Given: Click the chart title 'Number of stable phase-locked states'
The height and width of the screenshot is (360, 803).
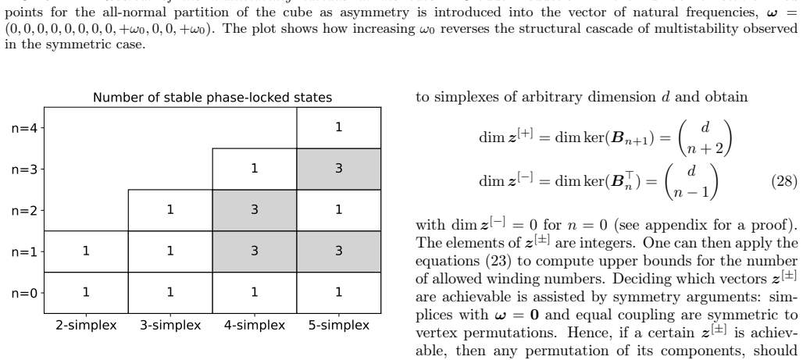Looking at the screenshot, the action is click(x=212, y=98).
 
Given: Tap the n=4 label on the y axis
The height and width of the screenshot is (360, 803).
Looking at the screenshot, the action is click(x=24, y=128).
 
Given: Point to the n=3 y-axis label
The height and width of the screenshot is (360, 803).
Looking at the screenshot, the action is click(x=24, y=169).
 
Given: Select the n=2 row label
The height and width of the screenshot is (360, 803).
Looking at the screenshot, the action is click(x=24, y=210).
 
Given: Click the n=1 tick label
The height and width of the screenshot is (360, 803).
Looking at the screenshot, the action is click(x=24, y=251).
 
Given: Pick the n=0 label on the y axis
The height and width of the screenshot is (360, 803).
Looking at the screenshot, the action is click(x=24, y=293).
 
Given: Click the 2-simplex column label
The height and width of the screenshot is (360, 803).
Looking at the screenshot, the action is click(x=86, y=325).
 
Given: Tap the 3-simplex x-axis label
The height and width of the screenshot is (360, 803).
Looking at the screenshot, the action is click(x=170, y=325).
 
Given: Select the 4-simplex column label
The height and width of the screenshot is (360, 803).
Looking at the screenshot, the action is click(x=255, y=325).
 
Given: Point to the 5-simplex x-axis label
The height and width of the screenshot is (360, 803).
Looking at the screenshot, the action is click(x=338, y=325).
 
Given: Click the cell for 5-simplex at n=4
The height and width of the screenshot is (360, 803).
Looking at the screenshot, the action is click(x=338, y=128).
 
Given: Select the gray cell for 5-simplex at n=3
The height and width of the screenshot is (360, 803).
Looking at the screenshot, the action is click(x=338, y=169).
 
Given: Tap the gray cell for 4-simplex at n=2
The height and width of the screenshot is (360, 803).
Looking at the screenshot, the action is click(x=255, y=211).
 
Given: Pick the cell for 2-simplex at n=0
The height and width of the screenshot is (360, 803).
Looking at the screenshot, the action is click(x=86, y=293).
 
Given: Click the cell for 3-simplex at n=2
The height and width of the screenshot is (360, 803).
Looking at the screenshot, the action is click(x=170, y=211).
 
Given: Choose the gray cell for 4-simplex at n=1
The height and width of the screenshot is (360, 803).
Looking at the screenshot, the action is click(x=255, y=251).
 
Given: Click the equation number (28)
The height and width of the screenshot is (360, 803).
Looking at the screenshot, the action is click(x=784, y=181).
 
